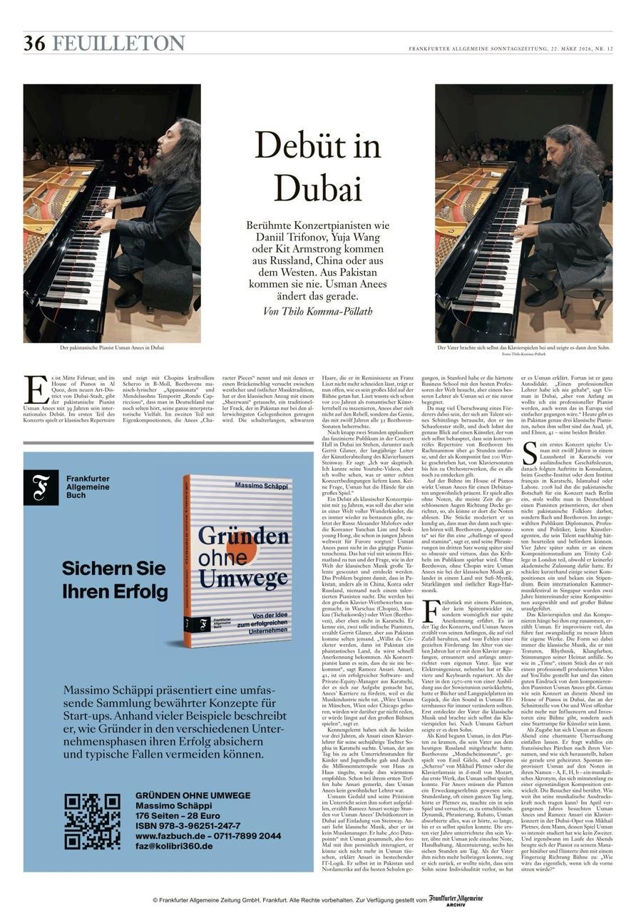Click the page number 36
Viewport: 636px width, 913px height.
(34, 44)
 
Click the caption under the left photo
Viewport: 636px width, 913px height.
(112, 347)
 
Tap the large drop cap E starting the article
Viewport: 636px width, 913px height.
(34, 389)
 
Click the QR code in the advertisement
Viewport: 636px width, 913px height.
(92, 821)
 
